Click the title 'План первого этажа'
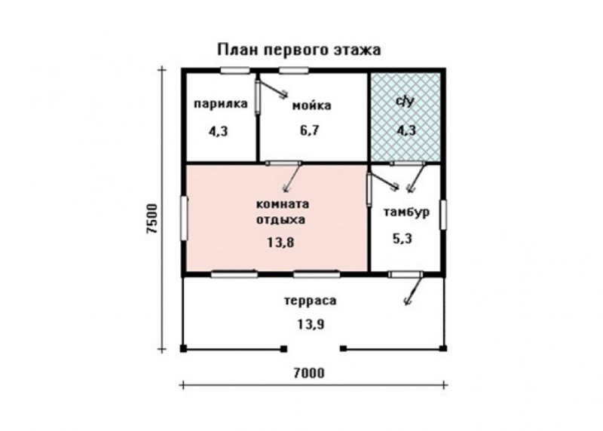pyautogui.click(x=299, y=50)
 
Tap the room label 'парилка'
pyautogui.click(x=221, y=104)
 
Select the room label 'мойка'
pyautogui.click(x=311, y=105)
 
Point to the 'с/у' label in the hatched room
pyautogui.click(x=406, y=101)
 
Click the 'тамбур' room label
pyautogui.click(x=406, y=212)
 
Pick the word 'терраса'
pyautogui.click(x=311, y=301)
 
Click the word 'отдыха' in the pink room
pyautogui.click(x=280, y=220)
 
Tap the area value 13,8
pyautogui.click(x=280, y=243)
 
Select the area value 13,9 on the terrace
pyautogui.click(x=311, y=325)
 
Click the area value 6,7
pyautogui.click(x=310, y=130)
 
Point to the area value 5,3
pyautogui.click(x=402, y=239)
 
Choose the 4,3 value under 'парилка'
pyautogui.click(x=218, y=132)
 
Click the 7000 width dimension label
pyautogui.click(x=309, y=373)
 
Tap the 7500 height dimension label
pyautogui.click(x=152, y=219)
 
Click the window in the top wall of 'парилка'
pyautogui.click(x=235, y=70)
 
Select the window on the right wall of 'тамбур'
pyautogui.click(x=443, y=215)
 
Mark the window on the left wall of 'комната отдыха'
pyautogui.click(x=184, y=219)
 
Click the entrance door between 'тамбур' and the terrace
pyautogui.click(x=406, y=274)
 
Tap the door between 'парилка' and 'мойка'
pyautogui.click(x=258, y=96)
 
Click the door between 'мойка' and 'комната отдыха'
pyautogui.click(x=284, y=163)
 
